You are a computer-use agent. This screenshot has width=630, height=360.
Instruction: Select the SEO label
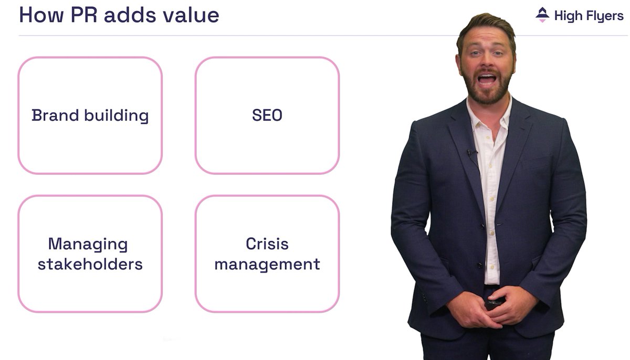tap(267, 115)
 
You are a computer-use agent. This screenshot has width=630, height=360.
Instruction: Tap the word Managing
tap(88, 245)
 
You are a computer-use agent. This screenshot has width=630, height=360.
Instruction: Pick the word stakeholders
tap(90, 263)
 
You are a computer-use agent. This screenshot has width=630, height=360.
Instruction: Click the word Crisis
tap(267, 244)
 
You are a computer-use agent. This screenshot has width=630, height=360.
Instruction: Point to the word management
tap(267, 263)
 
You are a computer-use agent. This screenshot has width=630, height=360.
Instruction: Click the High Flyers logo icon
tap(542, 15)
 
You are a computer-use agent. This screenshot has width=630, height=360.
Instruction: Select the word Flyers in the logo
tap(603, 16)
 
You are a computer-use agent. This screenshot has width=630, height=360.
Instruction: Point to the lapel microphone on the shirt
tap(470, 153)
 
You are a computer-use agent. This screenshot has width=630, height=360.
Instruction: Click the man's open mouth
tap(487, 80)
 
